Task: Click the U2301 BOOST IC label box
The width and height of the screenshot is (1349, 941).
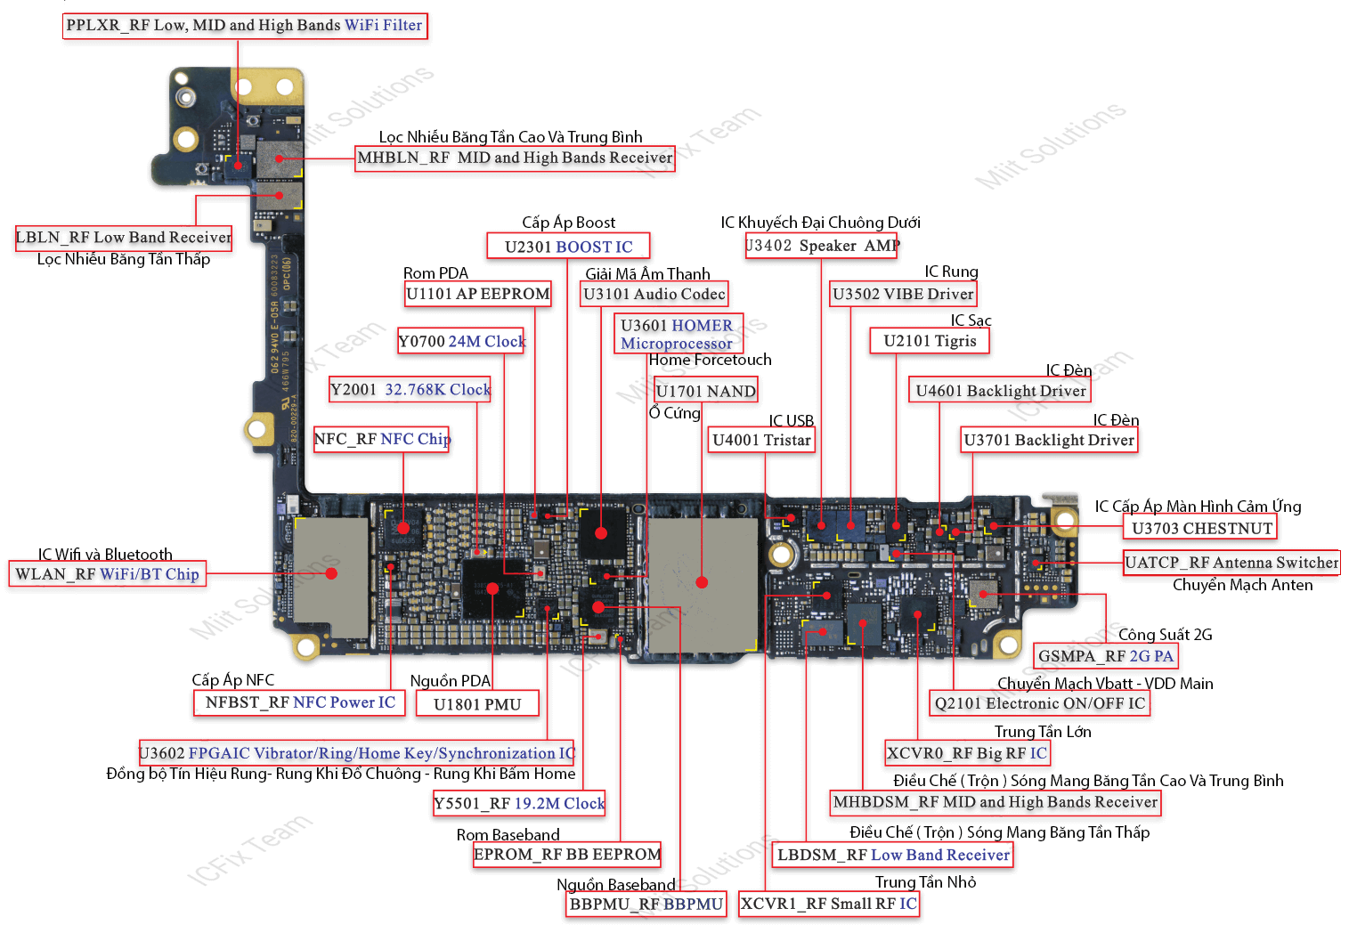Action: (568, 247)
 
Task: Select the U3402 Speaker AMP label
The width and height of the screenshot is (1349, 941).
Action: (821, 246)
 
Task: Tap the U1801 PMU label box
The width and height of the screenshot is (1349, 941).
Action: (477, 704)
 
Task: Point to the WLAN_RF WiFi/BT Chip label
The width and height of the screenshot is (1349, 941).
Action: (108, 574)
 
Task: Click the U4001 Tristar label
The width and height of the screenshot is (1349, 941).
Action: (761, 440)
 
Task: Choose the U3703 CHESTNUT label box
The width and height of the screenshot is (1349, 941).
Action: (1201, 528)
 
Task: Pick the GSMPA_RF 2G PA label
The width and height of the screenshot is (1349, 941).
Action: (1106, 656)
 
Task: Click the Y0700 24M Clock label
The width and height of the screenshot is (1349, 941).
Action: (461, 341)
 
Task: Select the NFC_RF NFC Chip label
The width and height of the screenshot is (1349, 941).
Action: (382, 439)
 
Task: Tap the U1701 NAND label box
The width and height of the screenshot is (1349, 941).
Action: (705, 391)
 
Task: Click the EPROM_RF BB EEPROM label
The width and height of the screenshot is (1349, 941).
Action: (567, 855)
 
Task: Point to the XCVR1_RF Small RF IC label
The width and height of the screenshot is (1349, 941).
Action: (829, 904)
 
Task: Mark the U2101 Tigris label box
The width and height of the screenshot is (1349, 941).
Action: (930, 341)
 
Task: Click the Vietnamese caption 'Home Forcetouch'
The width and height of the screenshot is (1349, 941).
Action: (710, 360)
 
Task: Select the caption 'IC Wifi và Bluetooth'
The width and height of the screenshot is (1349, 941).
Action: (105, 555)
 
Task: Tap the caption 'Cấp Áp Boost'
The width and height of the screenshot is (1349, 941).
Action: (568, 223)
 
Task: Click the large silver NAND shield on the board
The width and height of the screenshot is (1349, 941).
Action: (703, 583)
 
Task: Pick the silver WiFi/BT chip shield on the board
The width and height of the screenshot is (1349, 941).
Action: (330, 572)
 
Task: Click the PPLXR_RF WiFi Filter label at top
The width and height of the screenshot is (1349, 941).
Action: (245, 25)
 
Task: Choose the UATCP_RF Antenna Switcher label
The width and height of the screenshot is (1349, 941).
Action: (1231, 563)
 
